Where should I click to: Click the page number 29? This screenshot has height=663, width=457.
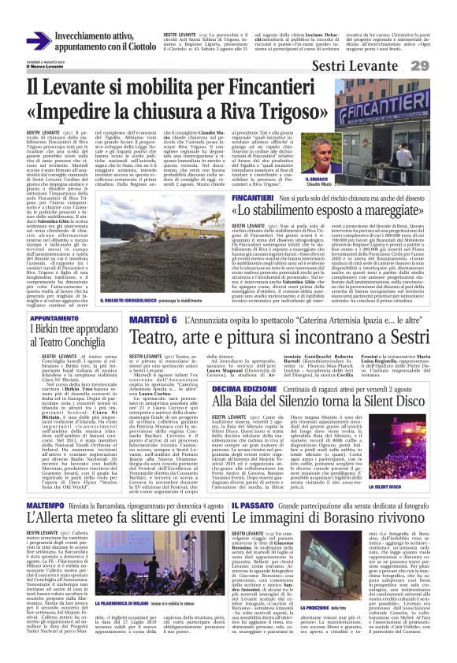pos(441,65)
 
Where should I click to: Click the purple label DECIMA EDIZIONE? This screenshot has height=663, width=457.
pos(244,389)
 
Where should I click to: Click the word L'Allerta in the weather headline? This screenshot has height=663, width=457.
pos(59,498)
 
